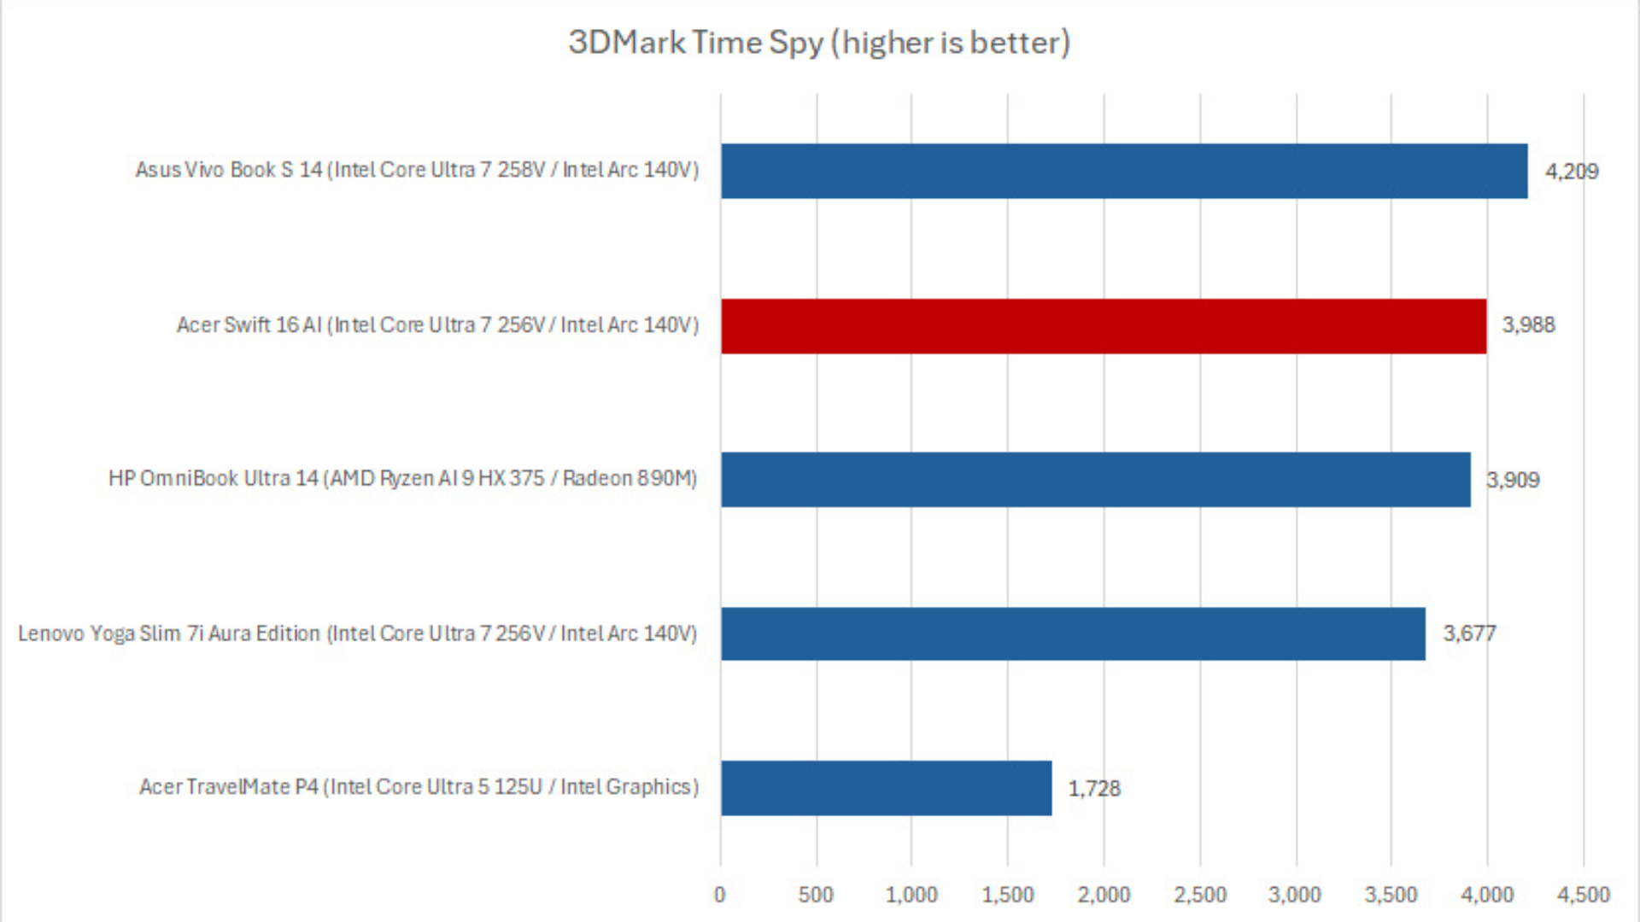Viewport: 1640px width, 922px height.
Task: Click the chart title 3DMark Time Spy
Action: (819, 43)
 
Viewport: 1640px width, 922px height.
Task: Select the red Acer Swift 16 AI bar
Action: (1103, 326)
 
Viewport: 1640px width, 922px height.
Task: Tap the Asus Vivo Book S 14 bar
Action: (1123, 171)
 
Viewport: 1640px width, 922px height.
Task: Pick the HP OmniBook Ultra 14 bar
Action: (1095, 480)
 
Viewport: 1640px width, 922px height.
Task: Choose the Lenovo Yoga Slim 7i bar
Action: (1073, 633)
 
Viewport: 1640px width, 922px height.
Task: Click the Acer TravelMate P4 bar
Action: (886, 788)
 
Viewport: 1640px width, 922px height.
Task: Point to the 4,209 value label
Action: (1571, 172)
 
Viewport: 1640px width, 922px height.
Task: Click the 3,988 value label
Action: (1528, 325)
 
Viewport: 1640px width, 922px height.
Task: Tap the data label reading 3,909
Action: (1513, 480)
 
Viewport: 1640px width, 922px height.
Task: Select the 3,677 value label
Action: (1469, 633)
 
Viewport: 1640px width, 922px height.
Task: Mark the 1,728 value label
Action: (1093, 788)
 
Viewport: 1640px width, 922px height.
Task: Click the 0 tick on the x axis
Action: (720, 895)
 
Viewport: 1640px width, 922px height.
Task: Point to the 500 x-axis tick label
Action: (816, 895)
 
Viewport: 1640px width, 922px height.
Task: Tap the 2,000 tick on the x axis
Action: (1104, 895)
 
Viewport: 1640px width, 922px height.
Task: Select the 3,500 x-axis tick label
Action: (1391, 895)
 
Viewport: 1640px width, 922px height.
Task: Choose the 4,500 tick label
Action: (1583, 895)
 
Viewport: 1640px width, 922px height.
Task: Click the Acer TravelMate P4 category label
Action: (419, 786)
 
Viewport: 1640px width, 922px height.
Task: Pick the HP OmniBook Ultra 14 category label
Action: (402, 478)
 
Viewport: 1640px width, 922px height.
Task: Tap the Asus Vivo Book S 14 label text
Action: (417, 170)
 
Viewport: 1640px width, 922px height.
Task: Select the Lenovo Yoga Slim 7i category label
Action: (357, 633)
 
